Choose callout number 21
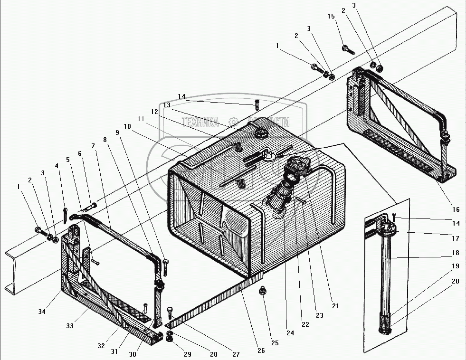coord(335,306)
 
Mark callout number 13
coord(167,105)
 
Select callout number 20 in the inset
coord(455,281)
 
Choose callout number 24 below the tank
coord(290,332)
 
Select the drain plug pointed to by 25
coord(262,291)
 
